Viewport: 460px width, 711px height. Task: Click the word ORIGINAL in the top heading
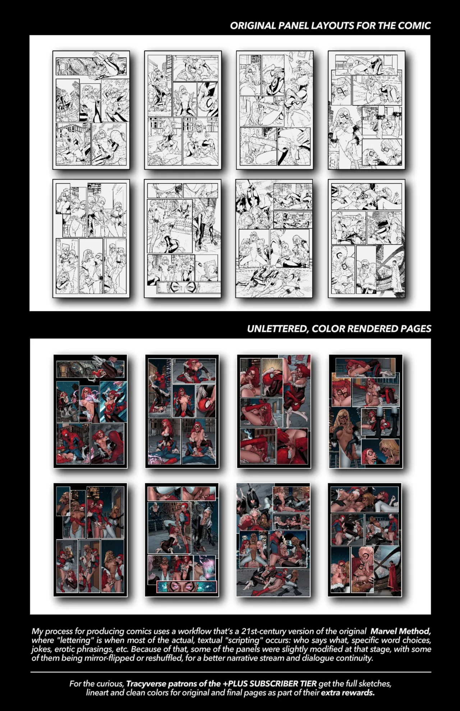pos(253,26)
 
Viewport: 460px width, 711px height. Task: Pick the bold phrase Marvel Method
pos(400,631)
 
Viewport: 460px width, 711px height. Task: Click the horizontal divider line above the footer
pos(230,672)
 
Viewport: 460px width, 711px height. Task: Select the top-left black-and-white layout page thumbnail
pos(91,110)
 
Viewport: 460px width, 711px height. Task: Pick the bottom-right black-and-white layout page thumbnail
pos(366,239)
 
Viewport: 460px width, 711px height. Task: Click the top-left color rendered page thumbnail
pos(90,411)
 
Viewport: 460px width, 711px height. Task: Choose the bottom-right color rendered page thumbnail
pos(365,540)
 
